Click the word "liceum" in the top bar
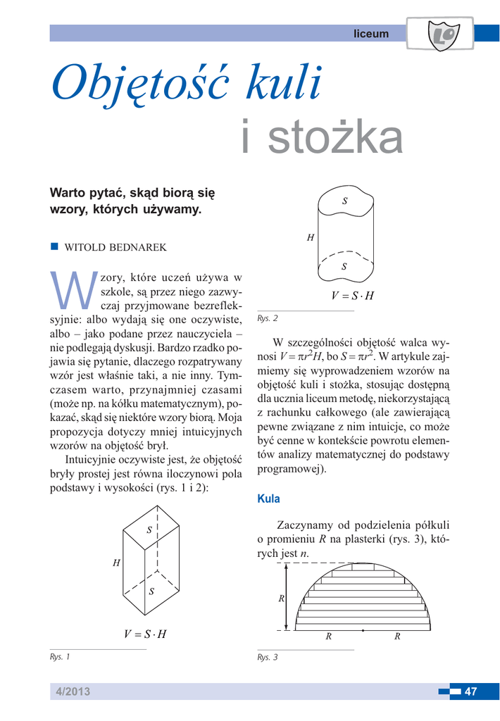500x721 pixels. point(370,34)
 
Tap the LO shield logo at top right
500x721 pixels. point(444,35)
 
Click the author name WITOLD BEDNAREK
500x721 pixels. point(115,248)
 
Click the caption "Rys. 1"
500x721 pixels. point(60,657)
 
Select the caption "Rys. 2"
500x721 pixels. point(268,318)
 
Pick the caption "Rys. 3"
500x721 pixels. point(268,657)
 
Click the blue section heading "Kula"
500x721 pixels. point(268,499)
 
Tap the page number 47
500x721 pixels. point(470,691)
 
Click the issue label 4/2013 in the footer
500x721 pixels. point(74,691)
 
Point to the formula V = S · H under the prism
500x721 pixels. point(145,634)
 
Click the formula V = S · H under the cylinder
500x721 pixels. point(352,296)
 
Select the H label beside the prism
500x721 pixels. point(115,563)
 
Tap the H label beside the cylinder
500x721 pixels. point(310,238)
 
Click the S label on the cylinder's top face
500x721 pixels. point(344,201)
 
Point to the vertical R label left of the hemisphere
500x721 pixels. point(281,599)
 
